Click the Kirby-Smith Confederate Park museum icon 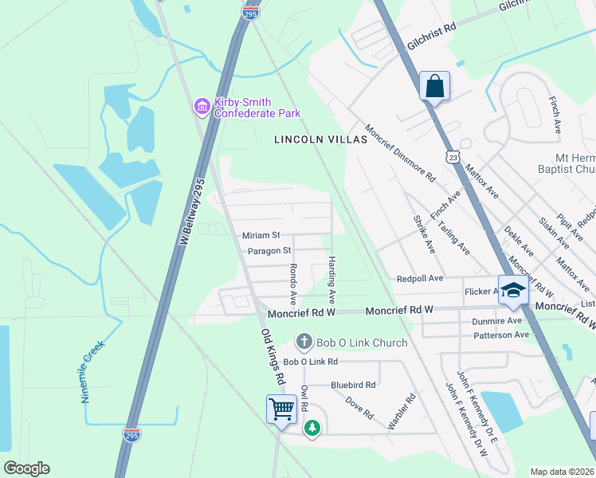pos(202,105)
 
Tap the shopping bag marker pos(434,86)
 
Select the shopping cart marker pos(281,409)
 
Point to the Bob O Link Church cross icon pos(304,343)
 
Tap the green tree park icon pos(313,428)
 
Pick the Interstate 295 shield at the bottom pos(131,435)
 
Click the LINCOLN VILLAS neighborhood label pos(320,139)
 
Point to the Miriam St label pos(261,236)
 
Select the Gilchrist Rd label pos(430,37)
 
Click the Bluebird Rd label pos(353,385)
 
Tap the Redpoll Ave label pos(420,279)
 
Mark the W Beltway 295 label pos(194,211)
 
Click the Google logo pos(26,468)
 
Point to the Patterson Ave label pos(502,335)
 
